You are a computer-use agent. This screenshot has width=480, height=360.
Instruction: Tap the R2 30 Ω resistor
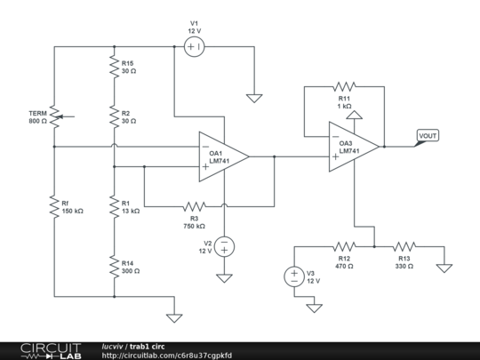(x=114, y=116)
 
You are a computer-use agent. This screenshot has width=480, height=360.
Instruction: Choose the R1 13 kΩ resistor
(x=114, y=206)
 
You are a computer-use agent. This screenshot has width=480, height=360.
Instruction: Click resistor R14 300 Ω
(x=114, y=266)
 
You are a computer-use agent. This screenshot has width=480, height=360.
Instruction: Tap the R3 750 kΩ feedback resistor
(x=195, y=206)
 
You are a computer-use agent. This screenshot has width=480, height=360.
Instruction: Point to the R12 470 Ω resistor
(x=344, y=246)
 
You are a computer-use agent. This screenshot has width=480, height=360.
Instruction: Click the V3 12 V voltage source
(x=294, y=276)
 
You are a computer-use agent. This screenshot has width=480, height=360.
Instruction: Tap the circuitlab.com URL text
(x=167, y=355)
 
